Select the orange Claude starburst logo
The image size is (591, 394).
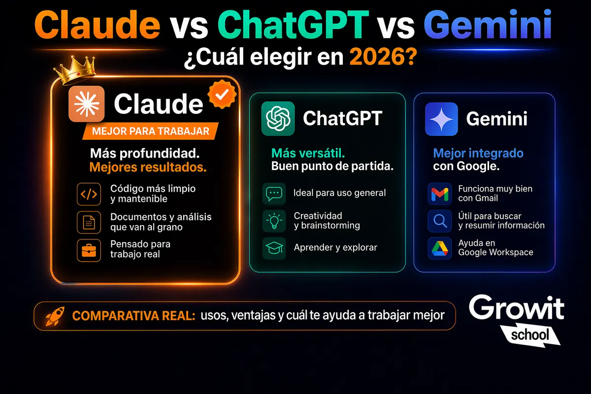87,103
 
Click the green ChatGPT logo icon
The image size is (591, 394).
278,118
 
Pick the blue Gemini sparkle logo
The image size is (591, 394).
441,119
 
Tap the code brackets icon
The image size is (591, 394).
89,194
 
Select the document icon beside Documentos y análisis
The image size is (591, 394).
89,222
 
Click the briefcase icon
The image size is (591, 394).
89,250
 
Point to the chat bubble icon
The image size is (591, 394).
274,193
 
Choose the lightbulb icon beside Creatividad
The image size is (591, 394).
274,221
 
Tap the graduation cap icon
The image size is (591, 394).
274,248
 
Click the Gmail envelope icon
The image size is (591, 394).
439,194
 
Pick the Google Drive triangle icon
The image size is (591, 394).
439,248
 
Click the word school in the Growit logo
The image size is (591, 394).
530,335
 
